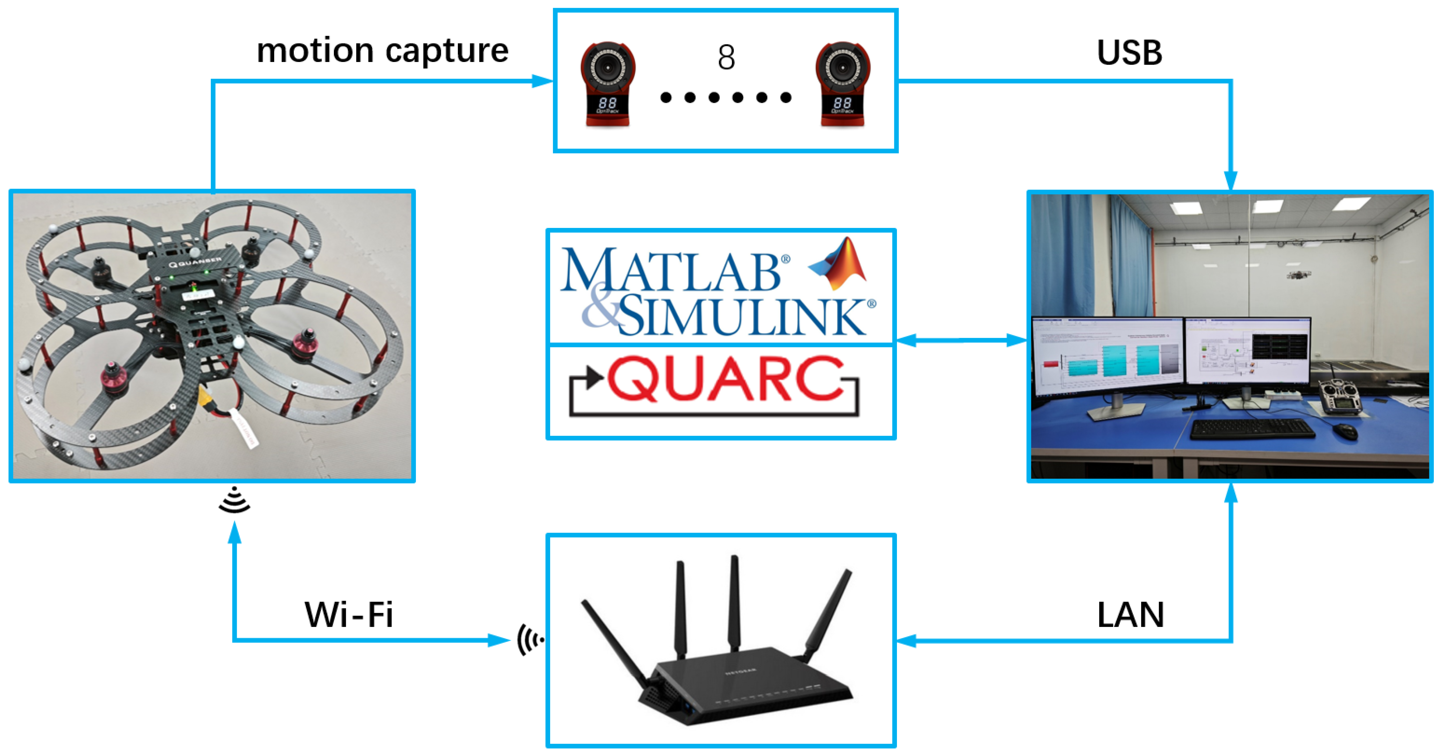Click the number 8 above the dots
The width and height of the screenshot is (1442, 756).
(726, 57)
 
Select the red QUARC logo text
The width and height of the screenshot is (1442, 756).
(725, 380)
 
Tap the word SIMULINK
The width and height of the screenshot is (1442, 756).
(745, 317)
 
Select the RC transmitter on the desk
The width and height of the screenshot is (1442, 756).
(1339, 397)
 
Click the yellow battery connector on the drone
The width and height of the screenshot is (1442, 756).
(206, 399)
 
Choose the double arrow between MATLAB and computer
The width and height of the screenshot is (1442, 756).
(962, 340)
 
